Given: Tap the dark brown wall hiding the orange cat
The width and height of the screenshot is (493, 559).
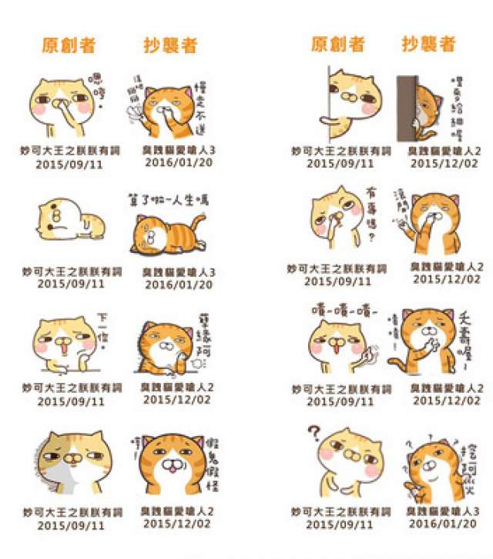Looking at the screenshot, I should click(406, 108).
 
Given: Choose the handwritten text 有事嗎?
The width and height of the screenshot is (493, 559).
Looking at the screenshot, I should click(370, 219).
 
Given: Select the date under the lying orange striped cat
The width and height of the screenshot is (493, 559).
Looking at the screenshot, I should click(178, 284).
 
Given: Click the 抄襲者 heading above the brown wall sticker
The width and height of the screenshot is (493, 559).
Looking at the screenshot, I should click(428, 44).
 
